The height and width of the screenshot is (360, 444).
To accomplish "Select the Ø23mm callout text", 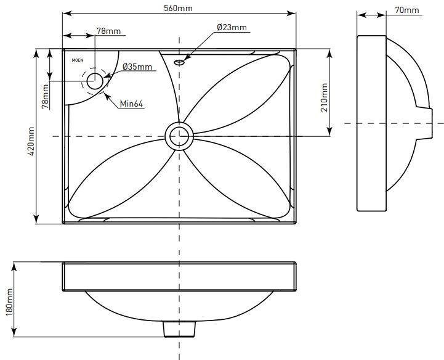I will click(232, 27).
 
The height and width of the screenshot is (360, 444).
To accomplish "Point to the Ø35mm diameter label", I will click(137, 66).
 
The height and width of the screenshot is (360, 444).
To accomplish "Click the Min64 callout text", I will click(132, 104).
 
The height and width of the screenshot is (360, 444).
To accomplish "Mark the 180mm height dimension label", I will click(9, 302).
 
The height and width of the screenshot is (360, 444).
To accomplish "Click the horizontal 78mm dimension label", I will click(108, 31).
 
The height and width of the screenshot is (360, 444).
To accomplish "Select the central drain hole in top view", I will click(179, 135).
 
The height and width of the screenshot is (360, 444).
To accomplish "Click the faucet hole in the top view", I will click(95, 80).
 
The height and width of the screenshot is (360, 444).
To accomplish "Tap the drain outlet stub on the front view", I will click(179, 329).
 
